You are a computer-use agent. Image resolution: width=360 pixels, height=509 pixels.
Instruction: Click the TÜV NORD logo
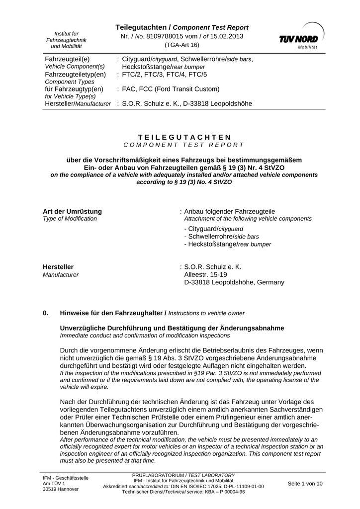coord(298,36)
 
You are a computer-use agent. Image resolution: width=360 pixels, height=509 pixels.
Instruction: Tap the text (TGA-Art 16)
coord(182,45)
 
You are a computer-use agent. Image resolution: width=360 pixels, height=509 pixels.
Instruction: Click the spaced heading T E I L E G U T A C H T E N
coord(183,137)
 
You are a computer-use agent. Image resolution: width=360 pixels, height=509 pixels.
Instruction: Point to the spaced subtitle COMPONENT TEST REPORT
coord(183,145)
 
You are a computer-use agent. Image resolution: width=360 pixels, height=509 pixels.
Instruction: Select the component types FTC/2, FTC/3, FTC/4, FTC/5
coord(164,75)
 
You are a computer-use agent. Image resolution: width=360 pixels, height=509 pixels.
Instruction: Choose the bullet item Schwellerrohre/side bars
coord(221,236)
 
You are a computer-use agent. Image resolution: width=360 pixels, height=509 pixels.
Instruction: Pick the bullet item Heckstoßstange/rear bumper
coord(227,244)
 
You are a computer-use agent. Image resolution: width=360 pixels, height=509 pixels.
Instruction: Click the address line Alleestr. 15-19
coord(206,274)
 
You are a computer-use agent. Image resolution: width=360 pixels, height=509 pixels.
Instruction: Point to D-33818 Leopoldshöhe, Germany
coord(234,282)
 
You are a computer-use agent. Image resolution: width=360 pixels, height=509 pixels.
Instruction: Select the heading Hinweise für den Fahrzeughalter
coord(112,313)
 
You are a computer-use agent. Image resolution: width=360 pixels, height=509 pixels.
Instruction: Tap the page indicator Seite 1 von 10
coord(305,483)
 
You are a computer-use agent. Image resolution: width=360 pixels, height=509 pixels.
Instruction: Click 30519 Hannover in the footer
coord(61,489)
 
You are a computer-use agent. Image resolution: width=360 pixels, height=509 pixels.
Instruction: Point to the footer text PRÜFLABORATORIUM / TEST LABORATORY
coord(183,475)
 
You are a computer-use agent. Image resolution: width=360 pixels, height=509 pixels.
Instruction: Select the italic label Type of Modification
coord(70,219)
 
